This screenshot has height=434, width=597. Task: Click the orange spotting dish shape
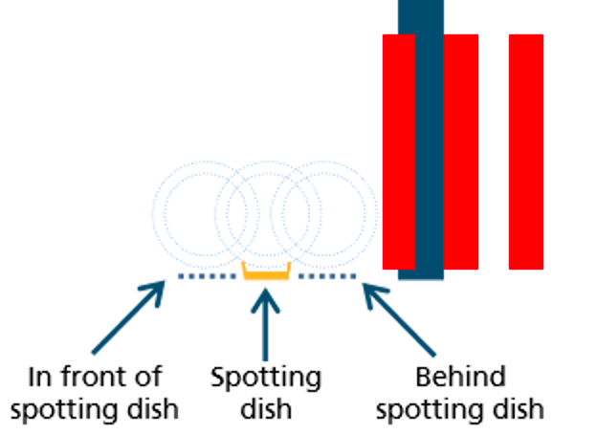coord(265,274)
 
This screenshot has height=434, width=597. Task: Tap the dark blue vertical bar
coord(421,143)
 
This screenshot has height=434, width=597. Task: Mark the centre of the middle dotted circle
coord(266,213)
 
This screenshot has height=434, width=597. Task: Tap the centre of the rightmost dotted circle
coord(323,213)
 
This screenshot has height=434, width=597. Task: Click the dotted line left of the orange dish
coord(206,277)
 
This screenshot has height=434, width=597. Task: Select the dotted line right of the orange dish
coord(327,277)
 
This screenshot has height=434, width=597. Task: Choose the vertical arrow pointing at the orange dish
coord(265,321)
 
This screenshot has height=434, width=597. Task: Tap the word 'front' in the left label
coord(94,377)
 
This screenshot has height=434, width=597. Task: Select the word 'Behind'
coord(459,377)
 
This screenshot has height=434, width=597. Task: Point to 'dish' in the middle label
coord(266,409)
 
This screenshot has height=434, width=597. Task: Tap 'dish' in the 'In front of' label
coord(151,409)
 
